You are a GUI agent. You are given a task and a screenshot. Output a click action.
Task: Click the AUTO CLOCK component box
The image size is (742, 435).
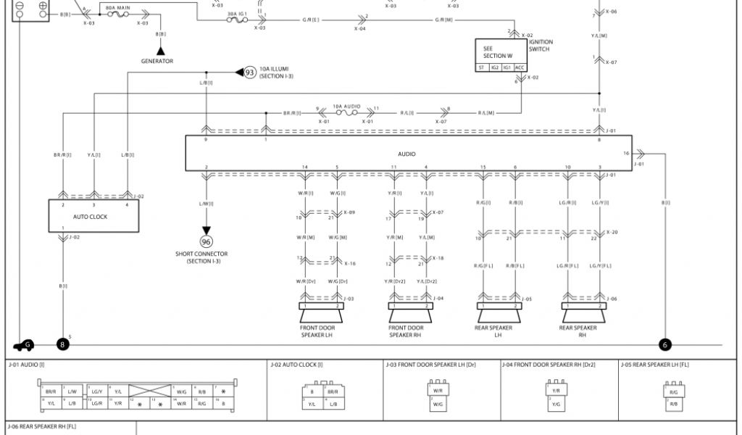tap(94, 216)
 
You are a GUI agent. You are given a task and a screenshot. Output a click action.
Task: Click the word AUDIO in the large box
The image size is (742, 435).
tap(407, 154)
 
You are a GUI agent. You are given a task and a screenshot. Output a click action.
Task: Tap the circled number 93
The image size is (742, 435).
tap(250, 72)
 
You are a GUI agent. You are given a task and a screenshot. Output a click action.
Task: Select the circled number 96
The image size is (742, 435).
tap(206, 241)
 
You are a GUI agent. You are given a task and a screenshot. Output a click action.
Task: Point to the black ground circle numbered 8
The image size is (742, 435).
tap(63, 345)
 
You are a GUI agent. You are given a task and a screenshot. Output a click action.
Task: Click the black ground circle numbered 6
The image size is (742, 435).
tap(665, 345)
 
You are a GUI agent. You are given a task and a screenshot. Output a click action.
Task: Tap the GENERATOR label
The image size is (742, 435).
tap(157, 61)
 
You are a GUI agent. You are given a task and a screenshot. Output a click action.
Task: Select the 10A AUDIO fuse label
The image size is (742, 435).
tap(346, 107)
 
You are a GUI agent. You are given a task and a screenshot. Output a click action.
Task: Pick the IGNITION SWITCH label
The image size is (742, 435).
tap(541, 45)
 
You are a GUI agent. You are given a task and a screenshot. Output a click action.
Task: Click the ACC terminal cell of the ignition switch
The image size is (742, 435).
tap(520, 67)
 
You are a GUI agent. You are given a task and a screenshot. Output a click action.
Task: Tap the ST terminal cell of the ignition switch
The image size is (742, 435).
tap(482, 67)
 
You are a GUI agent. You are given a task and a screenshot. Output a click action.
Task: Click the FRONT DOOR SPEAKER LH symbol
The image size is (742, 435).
tap(321, 312)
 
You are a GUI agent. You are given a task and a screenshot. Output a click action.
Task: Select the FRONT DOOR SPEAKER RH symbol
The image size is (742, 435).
tap(410, 312)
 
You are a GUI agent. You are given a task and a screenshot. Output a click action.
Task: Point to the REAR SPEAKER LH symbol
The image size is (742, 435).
tap(499, 312)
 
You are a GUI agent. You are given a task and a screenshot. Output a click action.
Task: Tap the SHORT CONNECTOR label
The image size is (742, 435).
tap(201, 254)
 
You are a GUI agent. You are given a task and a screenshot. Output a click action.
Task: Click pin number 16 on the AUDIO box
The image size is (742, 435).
tap(626, 154)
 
